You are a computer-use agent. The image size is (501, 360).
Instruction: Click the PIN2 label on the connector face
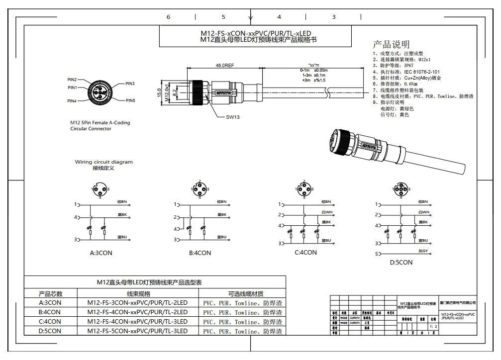[x=72, y=80]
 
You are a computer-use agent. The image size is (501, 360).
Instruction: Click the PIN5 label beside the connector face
[x=130, y=100]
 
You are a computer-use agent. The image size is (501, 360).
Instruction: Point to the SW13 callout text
[x=233, y=117]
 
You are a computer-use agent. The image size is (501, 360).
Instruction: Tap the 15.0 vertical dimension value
[x=160, y=92]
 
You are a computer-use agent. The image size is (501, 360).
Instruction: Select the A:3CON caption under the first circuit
[x=101, y=253]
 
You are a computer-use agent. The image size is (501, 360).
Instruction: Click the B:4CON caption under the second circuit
[x=200, y=253]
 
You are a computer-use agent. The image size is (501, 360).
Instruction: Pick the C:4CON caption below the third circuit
[x=305, y=252]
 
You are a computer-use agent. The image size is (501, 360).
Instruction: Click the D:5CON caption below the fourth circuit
[x=401, y=262]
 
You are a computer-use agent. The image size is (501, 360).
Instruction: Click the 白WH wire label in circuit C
[x=326, y=212]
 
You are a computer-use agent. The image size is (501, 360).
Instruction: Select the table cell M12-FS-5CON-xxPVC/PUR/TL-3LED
[x=137, y=331]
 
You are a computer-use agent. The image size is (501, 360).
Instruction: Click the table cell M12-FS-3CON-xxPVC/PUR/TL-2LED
[x=137, y=303]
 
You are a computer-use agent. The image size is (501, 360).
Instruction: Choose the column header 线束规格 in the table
[x=138, y=293]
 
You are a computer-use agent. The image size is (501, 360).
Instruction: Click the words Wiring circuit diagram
[x=104, y=162]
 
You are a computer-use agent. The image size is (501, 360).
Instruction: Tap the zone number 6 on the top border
[x=168, y=17]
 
